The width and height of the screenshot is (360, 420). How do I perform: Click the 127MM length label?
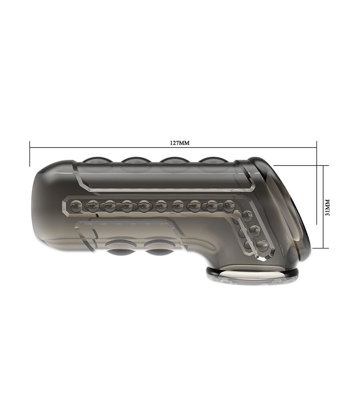click(x=180, y=143)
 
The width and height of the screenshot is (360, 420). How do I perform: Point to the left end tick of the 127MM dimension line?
click(x=30, y=153)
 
